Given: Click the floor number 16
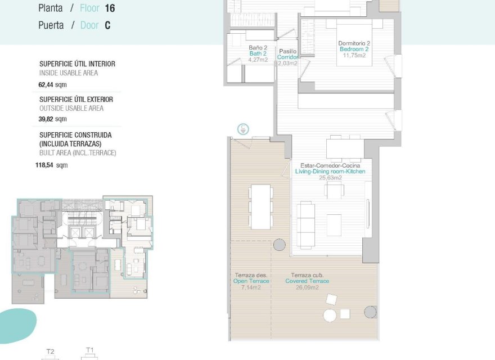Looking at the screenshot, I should coord(110,8).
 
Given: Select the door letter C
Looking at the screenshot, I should coord(107,25).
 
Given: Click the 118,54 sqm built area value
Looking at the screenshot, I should coord(51,165).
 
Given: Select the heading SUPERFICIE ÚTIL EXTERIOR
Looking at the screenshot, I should coord(76,100).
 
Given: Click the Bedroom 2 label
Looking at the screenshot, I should coord(354,49).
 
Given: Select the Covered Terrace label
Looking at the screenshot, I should coord(307,281).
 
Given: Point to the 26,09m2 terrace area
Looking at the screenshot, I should coord(307,287).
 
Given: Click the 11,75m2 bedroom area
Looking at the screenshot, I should coord(354,55).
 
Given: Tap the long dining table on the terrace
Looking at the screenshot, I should coord(261,206).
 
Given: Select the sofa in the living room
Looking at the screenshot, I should coord(306,225).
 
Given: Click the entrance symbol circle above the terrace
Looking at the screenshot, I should coord(243,128).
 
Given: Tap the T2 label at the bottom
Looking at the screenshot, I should coord(50,352).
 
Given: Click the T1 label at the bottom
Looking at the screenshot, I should coord(89,350).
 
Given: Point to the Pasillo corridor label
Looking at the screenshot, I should coord(287,51).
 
